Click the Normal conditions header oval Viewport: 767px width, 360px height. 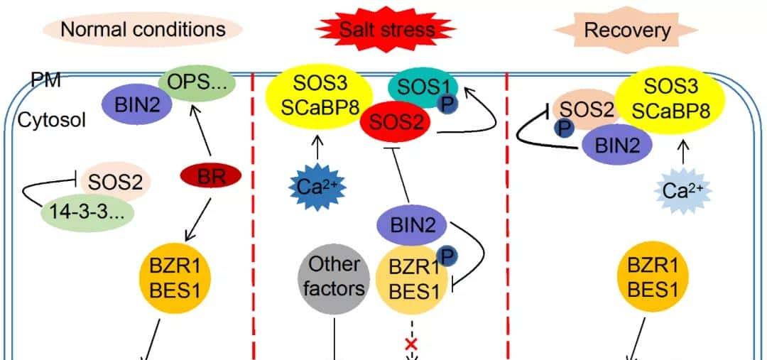pyautogui.click(x=143, y=29)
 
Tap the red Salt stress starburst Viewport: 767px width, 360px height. pyautogui.click(x=386, y=29)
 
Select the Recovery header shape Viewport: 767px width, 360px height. pyautogui.click(x=626, y=30)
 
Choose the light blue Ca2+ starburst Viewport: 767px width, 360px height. pyautogui.click(x=683, y=190)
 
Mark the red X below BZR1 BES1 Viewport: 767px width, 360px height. pyautogui.click(x=410, y=345)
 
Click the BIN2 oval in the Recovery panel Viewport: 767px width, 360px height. pyautogui.click(x=618, y=145)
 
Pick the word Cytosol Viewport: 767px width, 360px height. pyautogui.click(x=42, y=120)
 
